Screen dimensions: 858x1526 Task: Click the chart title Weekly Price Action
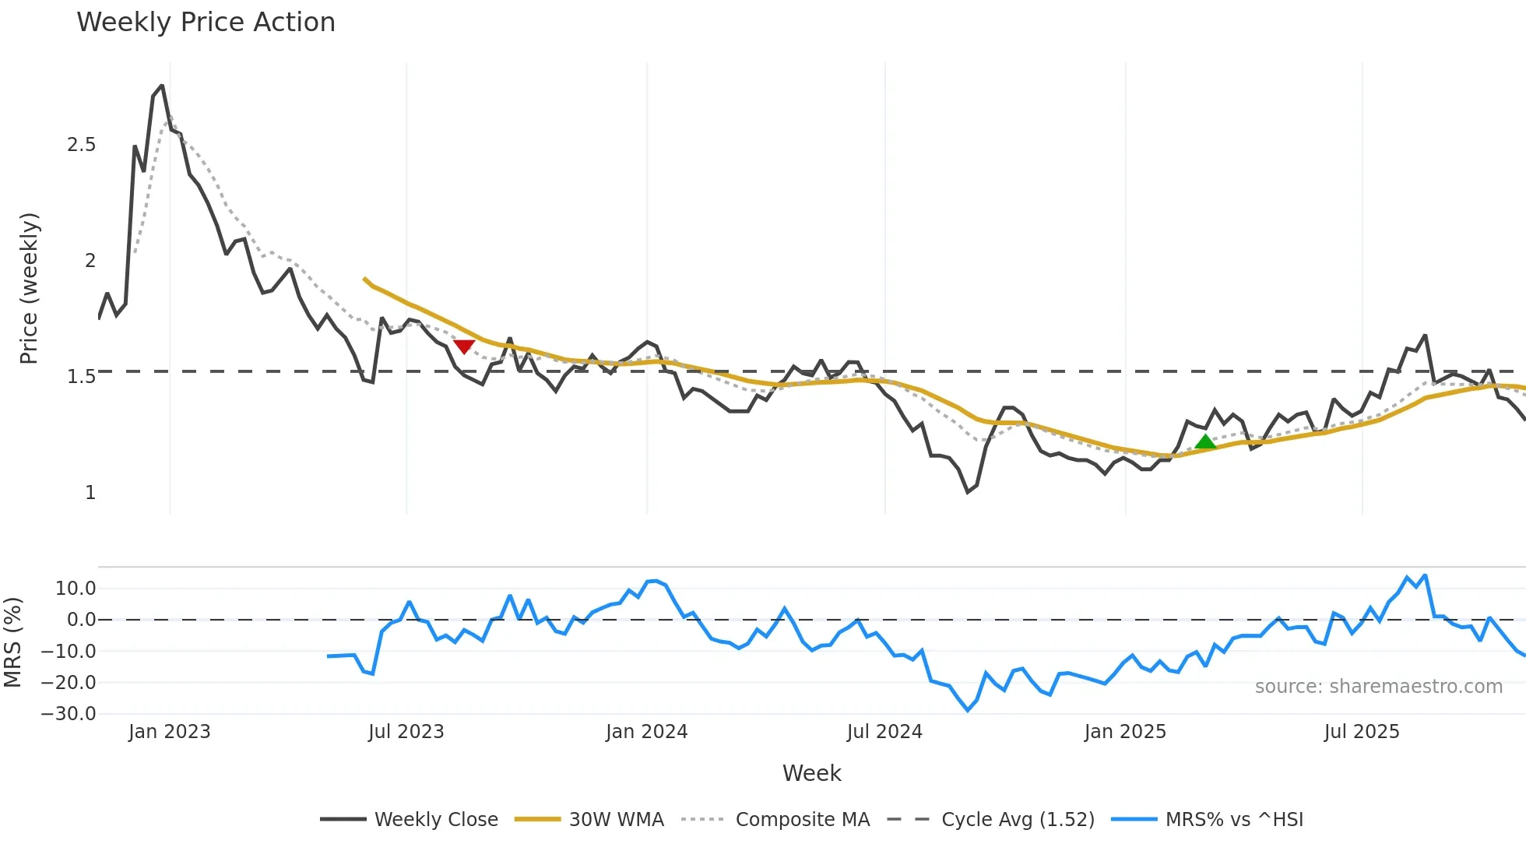point(206,23)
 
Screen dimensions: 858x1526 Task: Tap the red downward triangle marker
point(464,346)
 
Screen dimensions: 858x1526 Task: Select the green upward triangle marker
point(1205,442)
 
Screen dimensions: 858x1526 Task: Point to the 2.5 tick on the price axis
point(82,145)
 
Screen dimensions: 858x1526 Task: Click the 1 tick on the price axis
point(90,493)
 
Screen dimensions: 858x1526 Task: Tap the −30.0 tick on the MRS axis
point(69,714)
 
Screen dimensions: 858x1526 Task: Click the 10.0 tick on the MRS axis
point(76,589)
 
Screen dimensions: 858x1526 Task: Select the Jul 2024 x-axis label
point(884,732)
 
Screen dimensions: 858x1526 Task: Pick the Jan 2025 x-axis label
point(1125,732)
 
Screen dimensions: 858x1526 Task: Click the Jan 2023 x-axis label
point(170,732)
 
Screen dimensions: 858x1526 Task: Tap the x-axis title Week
point(811,773)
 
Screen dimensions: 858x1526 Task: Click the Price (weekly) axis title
point(29,288)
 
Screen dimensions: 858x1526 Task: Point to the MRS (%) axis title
point(12,642)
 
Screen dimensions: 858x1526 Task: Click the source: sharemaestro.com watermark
point(1378,687)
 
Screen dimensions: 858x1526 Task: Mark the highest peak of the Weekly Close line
point(162,86)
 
